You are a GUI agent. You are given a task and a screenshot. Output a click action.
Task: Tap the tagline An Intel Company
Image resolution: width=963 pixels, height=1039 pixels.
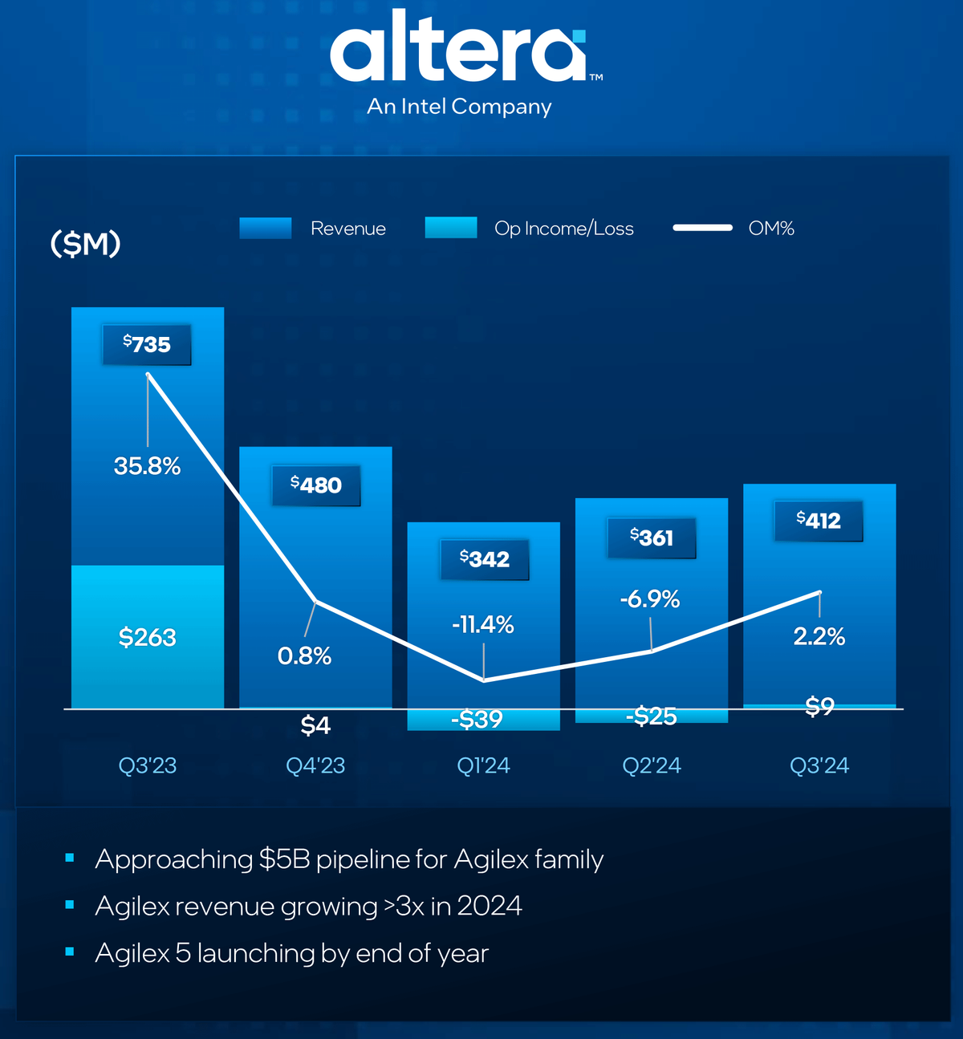(x=459, y=107)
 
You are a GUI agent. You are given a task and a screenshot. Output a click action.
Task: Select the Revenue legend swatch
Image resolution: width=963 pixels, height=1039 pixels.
(x=266, y=229)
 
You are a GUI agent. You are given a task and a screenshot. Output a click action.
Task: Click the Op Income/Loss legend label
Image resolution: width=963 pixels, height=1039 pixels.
(x=563, y=229)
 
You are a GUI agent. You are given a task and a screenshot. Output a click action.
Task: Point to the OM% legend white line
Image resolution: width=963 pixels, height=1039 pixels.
(x=702, y=228)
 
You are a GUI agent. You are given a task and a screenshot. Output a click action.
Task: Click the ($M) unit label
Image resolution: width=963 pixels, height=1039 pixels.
(x=85, y=243)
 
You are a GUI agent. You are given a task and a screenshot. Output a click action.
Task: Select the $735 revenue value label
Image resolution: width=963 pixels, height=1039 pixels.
(x=147, y=345)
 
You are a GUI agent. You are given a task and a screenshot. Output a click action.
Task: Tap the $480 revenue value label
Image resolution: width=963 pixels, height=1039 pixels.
(x=316, y=485)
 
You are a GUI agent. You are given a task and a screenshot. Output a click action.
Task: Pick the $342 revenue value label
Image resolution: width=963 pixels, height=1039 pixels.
(x=485, y=559)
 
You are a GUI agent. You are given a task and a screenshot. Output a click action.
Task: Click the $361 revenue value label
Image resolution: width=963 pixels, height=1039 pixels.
(x=652, y=538)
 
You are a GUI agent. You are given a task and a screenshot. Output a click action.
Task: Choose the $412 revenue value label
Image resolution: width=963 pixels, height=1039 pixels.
(x=819, y=521)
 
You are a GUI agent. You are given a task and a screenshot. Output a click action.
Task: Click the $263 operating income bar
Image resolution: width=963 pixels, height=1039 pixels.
(x=148, y=637)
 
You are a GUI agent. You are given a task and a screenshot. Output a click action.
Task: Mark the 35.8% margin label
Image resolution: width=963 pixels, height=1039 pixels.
(x=147, y=466)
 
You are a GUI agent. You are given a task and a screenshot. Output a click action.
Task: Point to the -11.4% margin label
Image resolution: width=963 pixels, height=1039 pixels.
(x=482, y=625)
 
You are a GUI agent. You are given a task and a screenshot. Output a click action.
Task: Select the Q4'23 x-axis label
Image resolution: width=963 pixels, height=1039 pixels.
(x=315, y=765)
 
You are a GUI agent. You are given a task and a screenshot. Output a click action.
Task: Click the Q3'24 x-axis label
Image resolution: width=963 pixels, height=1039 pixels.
(x=819, y=765)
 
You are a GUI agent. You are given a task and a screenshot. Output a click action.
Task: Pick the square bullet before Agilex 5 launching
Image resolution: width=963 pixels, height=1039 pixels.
(x=70, y=952)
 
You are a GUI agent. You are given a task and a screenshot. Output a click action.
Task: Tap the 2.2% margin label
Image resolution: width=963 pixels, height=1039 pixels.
(x=819, y=637)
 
